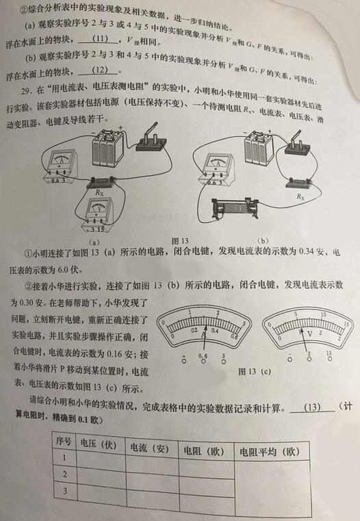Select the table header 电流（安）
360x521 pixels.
click(x=149, y=447)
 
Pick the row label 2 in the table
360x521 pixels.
click(x=64, y=474)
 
